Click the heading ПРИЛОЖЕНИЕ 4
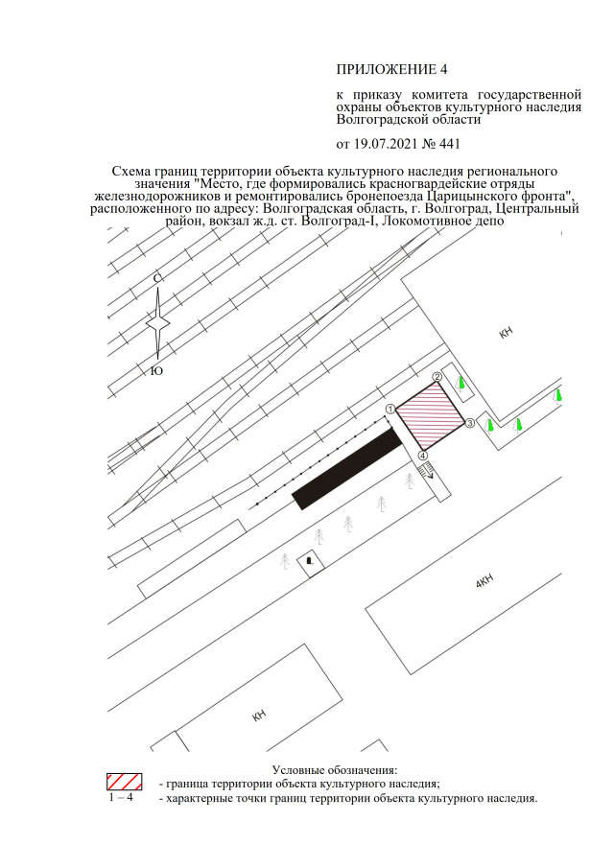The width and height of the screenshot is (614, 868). [x=391, y=69]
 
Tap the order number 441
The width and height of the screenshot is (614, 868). [x=450, y=144]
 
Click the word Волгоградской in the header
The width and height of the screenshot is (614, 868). [x=373, y=119]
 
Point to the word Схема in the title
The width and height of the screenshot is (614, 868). [x=130, y=172]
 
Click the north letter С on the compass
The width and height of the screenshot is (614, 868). [x=157, y=278]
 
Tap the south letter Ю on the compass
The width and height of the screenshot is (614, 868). [x=157, y=371]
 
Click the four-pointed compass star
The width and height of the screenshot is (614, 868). [x=157, y=324]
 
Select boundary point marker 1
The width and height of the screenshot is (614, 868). [x=390, y=410]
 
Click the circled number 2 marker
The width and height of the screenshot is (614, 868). [x=437, y=377]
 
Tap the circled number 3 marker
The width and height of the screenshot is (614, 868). [x=469, y=424]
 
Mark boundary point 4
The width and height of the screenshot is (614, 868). [x=423, y=456]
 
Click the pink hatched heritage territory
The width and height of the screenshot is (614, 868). [x=430, y=416]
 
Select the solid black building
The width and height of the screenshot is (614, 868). [x=347, y=469]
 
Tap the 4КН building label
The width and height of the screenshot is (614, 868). [x=484, y=582]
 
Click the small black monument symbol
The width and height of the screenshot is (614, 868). [x=310, y=561]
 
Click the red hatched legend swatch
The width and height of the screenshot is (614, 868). [x=125, y=782]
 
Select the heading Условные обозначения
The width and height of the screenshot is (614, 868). [x=335, y=770]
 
